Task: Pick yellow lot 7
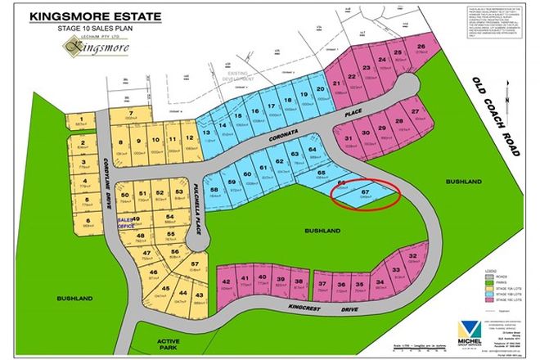coord(131,113)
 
